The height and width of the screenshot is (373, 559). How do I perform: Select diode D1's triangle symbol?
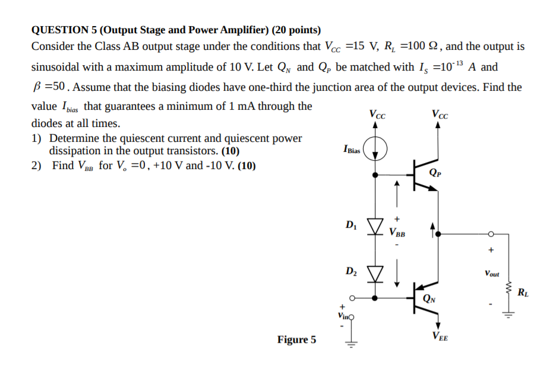point(375,226)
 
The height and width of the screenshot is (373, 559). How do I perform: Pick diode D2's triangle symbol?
point(375,273)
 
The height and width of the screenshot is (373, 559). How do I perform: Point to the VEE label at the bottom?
point(440,337)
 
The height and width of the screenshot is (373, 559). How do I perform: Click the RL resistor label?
point(523,292)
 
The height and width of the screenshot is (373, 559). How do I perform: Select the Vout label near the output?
point(491,274)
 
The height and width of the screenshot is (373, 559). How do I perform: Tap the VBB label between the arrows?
point(397,232)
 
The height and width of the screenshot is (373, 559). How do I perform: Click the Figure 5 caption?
point(296,340)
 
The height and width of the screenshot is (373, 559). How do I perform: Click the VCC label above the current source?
point(377,114)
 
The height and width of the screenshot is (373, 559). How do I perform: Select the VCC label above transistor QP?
point(441,114)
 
